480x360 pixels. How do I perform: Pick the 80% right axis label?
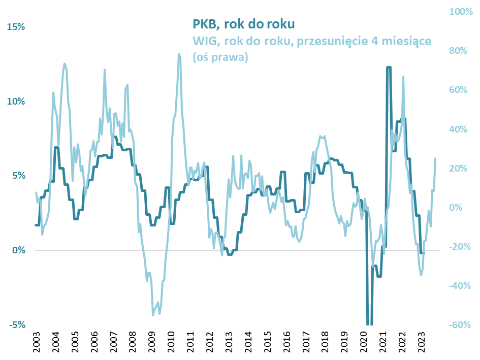point(460,51)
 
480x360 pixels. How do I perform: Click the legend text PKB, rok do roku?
point(244,24)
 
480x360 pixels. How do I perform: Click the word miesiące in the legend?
point(406,41)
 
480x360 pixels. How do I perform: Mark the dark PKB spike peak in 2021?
point(389,67)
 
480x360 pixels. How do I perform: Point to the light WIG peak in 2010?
point(179,54)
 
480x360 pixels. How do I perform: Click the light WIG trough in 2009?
point(153,315)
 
